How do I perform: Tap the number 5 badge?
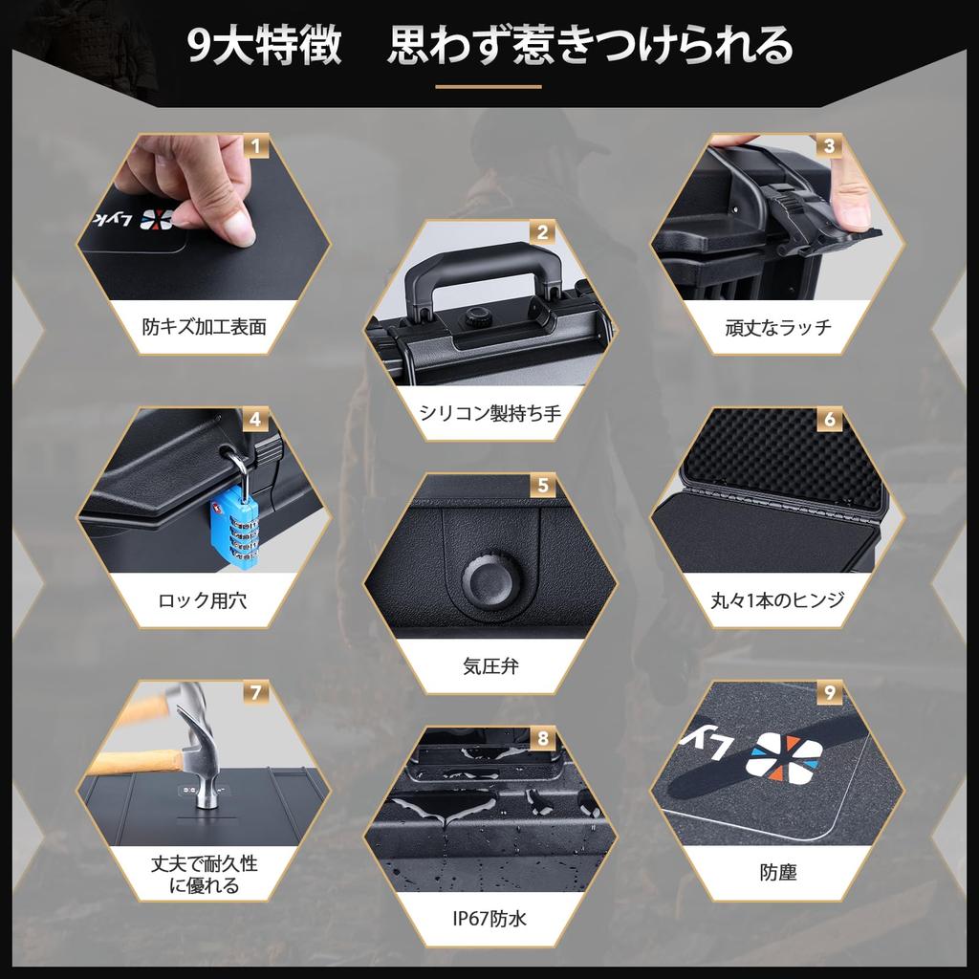[x=542, y=487]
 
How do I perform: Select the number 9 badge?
[x=829, y=693]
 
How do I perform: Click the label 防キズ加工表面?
[x=204, y=327]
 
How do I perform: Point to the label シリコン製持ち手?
[x=489, y=413]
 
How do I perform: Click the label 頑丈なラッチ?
[x=778, y=327]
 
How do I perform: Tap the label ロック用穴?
[x=204, y=601]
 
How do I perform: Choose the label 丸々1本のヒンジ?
[x=778, y=601]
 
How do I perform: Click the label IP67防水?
[x=489, y=920]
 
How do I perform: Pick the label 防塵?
[x=778, y=872]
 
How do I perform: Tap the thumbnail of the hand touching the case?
[x=204, y=216]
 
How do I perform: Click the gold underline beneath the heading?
[x=489, y=87]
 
